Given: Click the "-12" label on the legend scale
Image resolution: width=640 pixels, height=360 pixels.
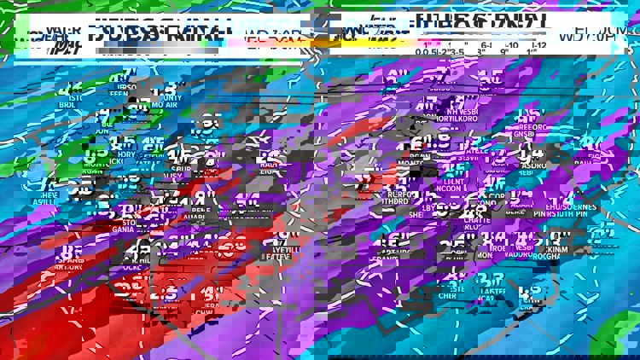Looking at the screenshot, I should [539, 45].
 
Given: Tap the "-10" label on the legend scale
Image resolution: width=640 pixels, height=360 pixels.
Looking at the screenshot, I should [512, 45].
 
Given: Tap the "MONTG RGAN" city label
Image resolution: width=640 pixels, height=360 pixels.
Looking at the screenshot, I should [90, 167].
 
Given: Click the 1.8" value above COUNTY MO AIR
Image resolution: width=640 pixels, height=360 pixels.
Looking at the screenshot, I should [170, 87].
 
